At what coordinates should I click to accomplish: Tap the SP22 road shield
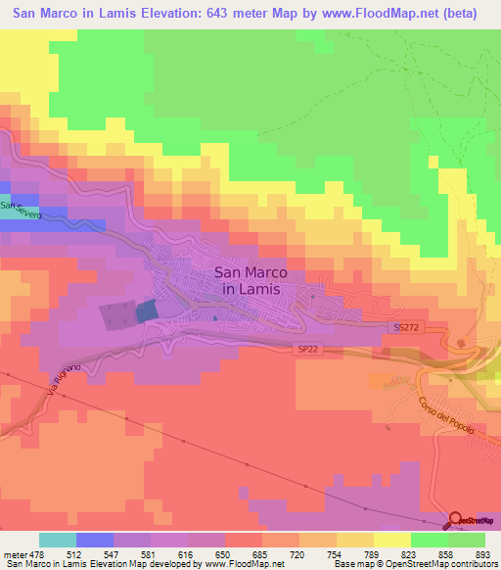(x=310, y=349)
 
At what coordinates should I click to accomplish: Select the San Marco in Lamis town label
(x=247, y=282)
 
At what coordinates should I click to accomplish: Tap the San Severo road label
(x=21, y=212)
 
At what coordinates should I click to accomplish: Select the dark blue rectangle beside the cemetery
(x=146, y=311)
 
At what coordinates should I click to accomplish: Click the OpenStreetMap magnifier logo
(x=457, y=519)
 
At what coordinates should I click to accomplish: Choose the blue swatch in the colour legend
(x=95, y=540)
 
